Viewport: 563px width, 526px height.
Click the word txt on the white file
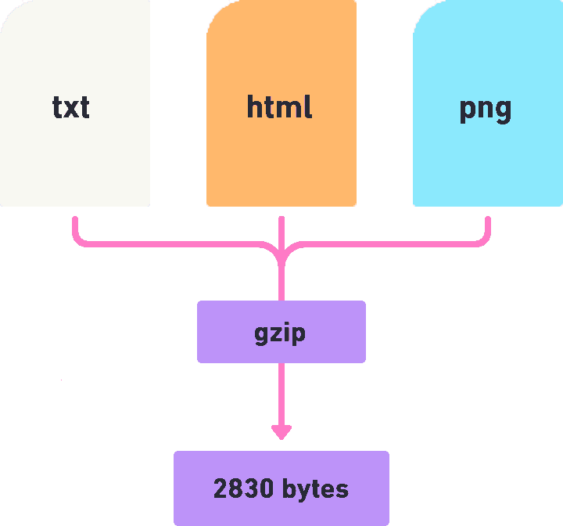[71, 107]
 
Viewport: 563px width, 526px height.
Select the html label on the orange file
[279, 106]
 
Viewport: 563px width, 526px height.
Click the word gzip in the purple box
[280, 333]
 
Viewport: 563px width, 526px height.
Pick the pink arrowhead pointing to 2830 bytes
[281, 431]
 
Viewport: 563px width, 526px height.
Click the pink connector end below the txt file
[75, 222]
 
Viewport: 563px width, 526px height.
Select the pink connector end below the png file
[488, 222]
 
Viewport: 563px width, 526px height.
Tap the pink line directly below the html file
[281, 227]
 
